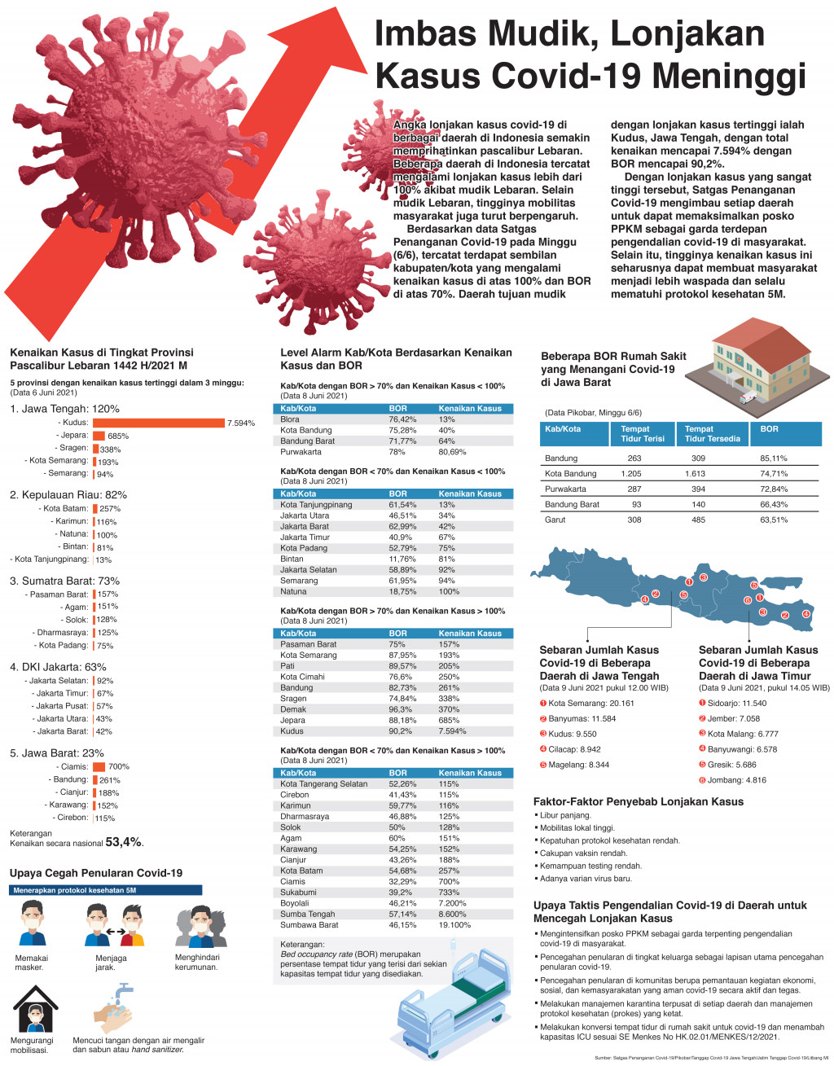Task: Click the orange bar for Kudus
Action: (x=158, y=423)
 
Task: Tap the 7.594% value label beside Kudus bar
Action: (x=241, y=423)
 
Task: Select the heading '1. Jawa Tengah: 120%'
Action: (x=64, y=409)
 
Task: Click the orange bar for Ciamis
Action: (x=99, y=766)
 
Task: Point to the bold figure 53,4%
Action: (x=124, y=842)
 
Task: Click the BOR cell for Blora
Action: (x=402, y=419)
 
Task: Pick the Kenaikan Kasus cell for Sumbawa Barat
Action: (x=454, y=925)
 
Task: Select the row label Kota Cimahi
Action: (x=302, y=677)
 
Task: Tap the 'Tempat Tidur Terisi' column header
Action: (x=643, y=433)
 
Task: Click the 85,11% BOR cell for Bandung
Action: (x=774, y=458)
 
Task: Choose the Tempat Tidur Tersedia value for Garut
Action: (x=698, y=520)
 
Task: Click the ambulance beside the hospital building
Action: (x=746, y=398)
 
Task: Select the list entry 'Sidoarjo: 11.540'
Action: (x=736, y=704)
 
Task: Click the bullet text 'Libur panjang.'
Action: (x=565, y=815)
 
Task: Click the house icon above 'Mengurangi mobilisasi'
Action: (x=35, y=1009)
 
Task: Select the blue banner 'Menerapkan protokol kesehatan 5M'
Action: (x=106, y=890)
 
